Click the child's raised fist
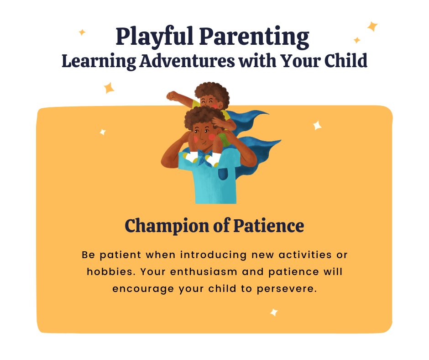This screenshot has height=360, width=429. click(172, 96)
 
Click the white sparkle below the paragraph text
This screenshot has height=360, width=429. click(274, 312)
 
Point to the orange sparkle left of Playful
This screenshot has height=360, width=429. click(82, 32)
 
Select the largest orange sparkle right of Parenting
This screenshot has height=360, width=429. click(372, 26)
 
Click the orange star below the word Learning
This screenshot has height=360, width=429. click(109, 87)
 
